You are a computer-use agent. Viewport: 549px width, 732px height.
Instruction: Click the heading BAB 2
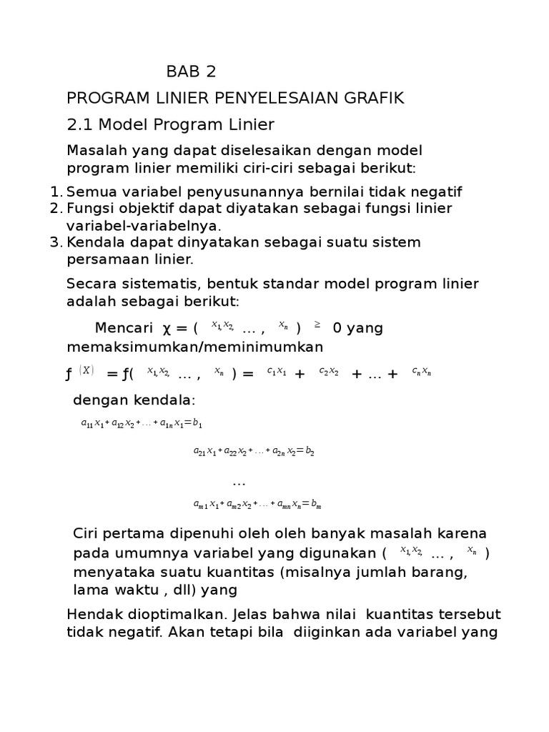(x=191, y=71)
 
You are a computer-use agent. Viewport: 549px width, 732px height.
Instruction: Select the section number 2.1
(x=80, y=124)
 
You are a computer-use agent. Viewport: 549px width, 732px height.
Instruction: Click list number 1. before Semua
(x=57, y=192)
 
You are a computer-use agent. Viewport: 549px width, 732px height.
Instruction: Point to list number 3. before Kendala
(x=57, y=242)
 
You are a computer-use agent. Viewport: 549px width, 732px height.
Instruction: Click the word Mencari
(x=124, y=328)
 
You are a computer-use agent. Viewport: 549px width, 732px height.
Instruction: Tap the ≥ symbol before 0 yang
(x=317, y=325)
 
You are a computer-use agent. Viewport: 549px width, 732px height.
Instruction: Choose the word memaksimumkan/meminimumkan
(x=194, y=347)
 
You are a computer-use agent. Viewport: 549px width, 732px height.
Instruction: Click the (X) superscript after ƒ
(x=86, y=370)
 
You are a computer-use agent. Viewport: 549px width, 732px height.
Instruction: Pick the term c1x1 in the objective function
(x=276, y=371)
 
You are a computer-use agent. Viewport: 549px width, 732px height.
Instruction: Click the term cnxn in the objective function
(x=421, y=371)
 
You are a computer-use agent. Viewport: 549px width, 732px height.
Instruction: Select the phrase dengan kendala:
(x=134, y=399)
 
